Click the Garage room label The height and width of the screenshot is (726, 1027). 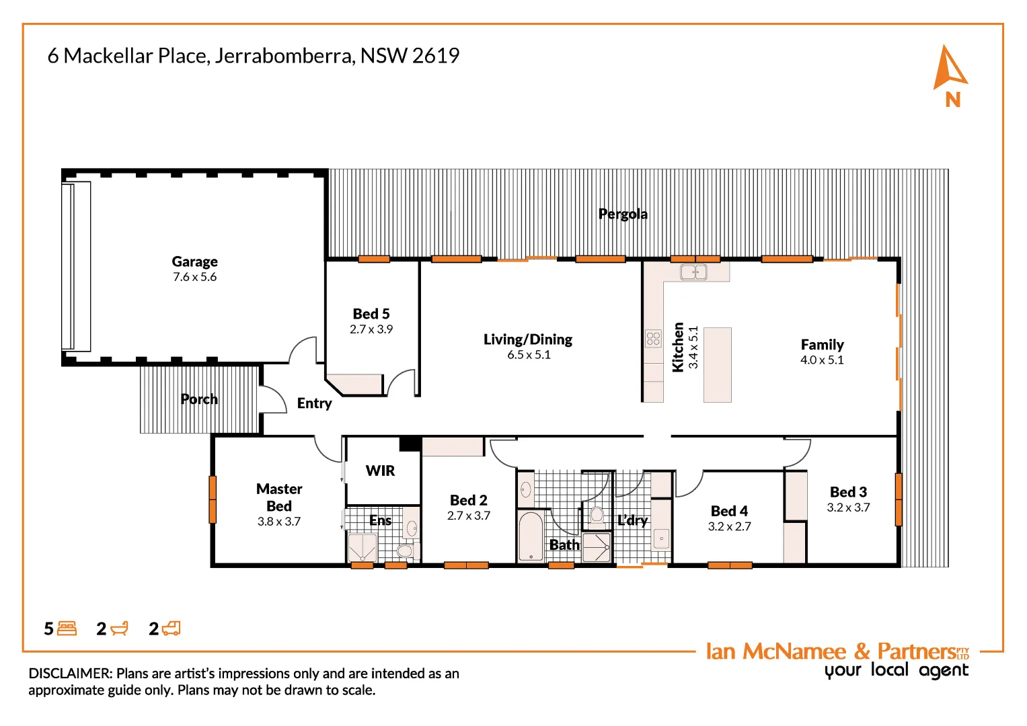tap(194, 261)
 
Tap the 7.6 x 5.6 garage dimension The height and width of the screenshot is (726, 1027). tap(194, 277)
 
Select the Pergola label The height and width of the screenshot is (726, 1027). tap(623, 214)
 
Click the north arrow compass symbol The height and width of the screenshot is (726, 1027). tap(950, 69)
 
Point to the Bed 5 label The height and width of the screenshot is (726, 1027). tap(371, 314)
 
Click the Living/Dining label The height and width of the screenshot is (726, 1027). tap(528, 339)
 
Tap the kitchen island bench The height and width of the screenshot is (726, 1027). tap(717, 364)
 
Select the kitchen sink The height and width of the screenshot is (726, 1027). tap(693, 272)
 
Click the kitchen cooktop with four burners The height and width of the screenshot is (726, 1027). tap(653, 338)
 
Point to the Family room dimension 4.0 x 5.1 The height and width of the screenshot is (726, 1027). tap(821, 360)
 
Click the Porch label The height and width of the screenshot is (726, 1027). tap(199, 399)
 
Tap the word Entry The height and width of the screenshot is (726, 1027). tap(314, 403)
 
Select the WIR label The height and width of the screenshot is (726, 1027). tap(380, 471)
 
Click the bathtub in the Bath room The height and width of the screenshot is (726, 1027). tap(531, 536)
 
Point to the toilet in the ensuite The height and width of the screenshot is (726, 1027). tap(404, 551)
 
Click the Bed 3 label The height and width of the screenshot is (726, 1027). tap(848, 492)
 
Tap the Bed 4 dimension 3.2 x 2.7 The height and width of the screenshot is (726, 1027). tap(729, 526)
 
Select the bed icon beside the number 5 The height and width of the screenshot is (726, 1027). tap(67, 629)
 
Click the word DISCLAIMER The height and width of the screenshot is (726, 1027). tap(70, 674)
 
